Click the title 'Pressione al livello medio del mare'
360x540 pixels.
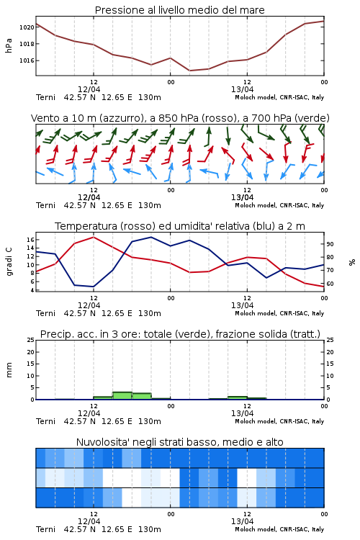[x=179, y=10]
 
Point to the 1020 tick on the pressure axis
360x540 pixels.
[x=27, y=27]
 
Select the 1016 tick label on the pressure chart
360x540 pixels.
[x=27, y=60]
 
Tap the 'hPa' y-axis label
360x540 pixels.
[x=9, y=45]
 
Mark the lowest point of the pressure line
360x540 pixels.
[x=189, y=71]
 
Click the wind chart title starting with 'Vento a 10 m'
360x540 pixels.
[x=180, y=118]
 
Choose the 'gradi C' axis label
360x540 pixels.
[x=9, y=261]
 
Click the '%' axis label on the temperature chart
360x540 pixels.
[x=352, y=262]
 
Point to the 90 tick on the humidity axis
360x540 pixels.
[x=330, y=244]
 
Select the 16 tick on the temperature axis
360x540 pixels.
[x=30, y=240]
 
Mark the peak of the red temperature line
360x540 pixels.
[x=94, y=237]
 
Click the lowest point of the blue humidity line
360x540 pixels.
[x=94, y=287]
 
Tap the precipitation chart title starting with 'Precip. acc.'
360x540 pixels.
[x=180, y=334]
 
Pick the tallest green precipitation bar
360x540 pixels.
[x=122, y=396]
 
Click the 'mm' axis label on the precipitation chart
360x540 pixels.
[x=9, y=370]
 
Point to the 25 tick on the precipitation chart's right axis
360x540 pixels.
[x=330, y=340]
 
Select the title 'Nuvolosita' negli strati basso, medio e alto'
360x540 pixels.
[x=179, y=442]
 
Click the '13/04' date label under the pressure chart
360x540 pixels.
[x=242, y=89]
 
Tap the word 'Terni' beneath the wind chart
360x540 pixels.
[x=45, y=205]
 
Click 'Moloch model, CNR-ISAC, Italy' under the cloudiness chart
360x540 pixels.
[x=279, y=529]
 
